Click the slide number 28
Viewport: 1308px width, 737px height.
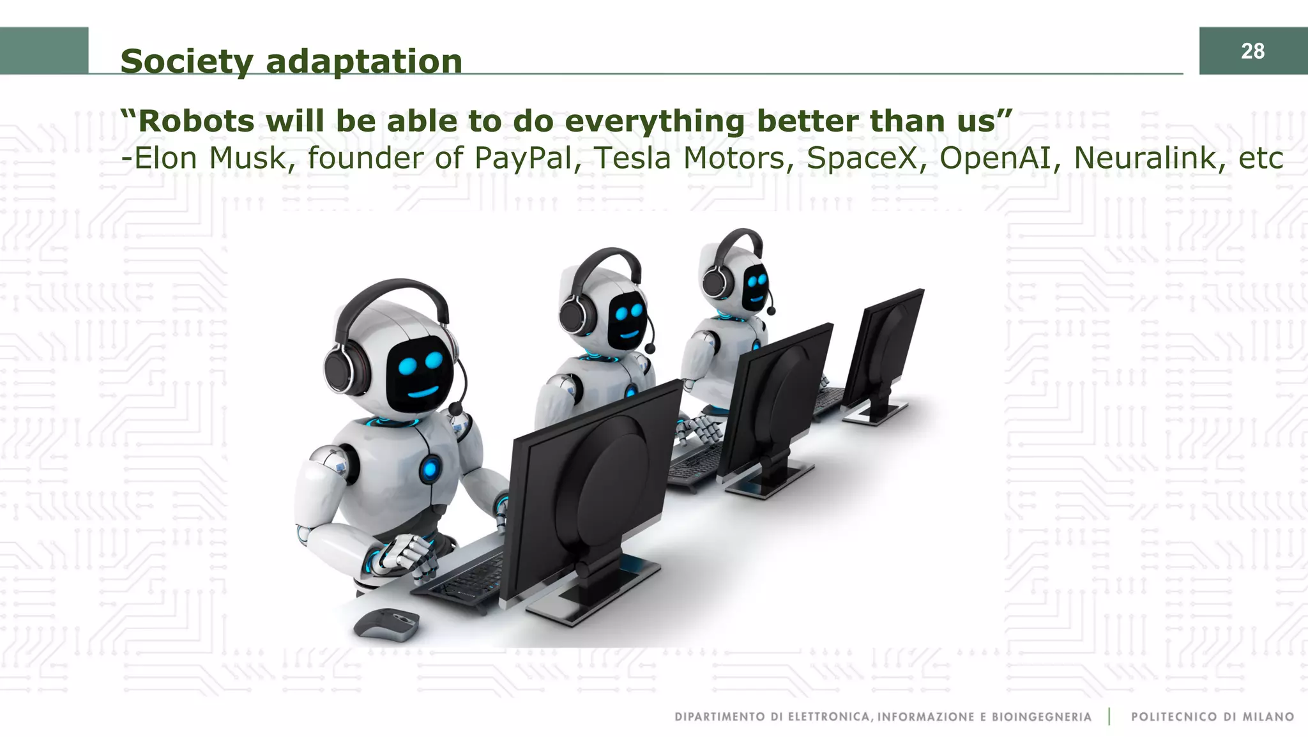[1252, 51]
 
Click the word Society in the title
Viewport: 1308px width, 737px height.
[187, 62]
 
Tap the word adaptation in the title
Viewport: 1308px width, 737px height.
[363, 62]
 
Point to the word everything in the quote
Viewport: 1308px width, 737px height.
[655, 122]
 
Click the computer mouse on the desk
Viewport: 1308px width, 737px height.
[387, 623]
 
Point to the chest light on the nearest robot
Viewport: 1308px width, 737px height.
[430, 470]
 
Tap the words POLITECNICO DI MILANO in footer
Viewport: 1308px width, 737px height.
[1212, 717]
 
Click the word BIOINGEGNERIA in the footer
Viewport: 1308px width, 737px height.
[1041, 717]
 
